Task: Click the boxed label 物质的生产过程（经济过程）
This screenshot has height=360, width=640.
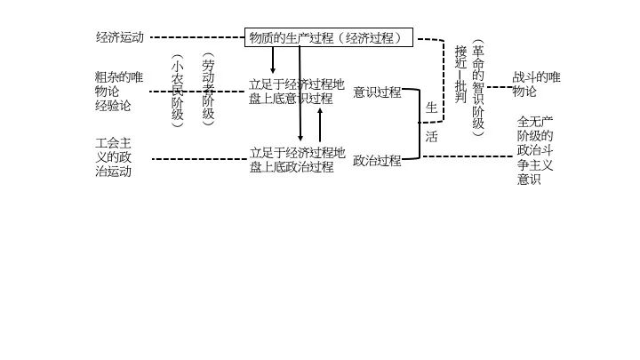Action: coord(329,37)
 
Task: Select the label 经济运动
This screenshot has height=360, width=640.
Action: coord(119,37)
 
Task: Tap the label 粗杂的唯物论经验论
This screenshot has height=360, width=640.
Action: coord(118,92)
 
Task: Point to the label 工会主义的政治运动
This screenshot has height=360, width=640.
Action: coord(114,157)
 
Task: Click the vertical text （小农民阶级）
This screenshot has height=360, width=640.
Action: coord(178,91)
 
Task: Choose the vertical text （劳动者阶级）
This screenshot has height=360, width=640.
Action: coord(208,89)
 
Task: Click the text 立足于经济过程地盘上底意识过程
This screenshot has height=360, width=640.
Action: coord(296,92)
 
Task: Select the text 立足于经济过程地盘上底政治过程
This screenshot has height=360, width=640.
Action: coord(296,159)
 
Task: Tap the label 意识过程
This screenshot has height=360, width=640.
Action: coord(377,92)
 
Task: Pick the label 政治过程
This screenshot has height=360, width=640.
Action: coord(377,161)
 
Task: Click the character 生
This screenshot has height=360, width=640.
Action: coord(431,108)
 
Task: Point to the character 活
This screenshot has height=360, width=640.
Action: coord(431,137)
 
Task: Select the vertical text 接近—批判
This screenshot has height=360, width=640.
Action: coord(460,75)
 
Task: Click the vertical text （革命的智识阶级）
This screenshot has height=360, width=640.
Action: coord(478,88)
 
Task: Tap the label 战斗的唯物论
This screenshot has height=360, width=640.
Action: coord(536,84)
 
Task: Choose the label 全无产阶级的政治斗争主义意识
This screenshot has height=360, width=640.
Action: coord(535,150)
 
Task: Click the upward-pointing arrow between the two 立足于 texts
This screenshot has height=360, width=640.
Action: coord(320,124)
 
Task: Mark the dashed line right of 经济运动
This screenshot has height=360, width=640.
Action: coord(196,37)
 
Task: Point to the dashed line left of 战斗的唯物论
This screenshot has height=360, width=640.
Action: coord(500,87)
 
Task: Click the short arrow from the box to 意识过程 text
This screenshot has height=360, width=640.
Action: coord(272,60)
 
